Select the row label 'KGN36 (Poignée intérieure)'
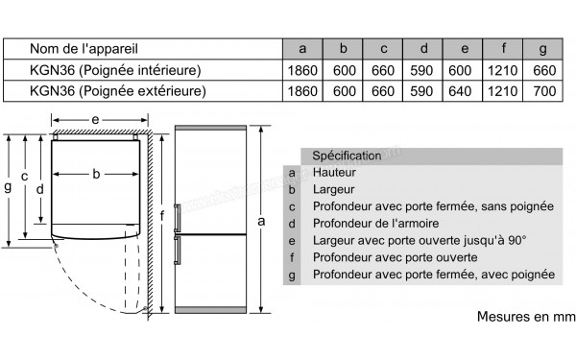pos(115,70)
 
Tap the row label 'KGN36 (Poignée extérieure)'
pos(118,91)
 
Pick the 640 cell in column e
pos(460,91)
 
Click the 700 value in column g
pos(544,91)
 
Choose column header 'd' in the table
pos(424,49)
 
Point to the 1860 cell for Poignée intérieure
pos(302,70)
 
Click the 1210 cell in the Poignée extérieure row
pos(502,91)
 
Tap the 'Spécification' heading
pos(347,156)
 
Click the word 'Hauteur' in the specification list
pos(334,172)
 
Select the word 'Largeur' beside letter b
pos(333,189)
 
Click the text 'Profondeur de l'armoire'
pos(375,224)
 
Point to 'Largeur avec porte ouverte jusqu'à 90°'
pos(420,241)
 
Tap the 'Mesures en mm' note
pos(526,316)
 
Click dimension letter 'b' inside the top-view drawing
pos(96,174)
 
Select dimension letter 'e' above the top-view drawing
pos(95,120)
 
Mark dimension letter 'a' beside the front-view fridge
pos(261,221)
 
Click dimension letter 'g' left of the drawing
pos(8,187)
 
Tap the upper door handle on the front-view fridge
pos(178,218)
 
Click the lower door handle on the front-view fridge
pos(178,251)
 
